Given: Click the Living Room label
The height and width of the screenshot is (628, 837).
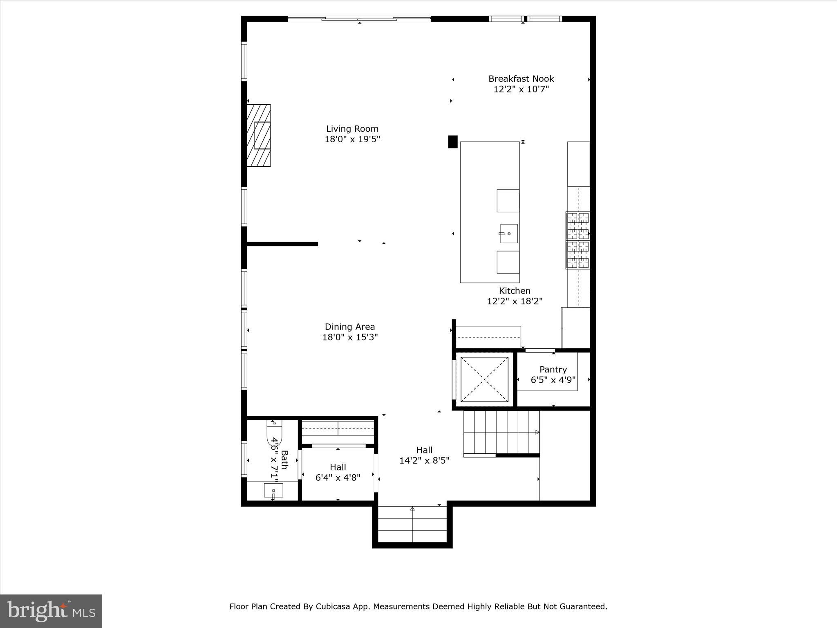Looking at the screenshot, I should (352, 129).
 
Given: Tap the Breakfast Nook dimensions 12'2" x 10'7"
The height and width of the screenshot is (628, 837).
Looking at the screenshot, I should (521, 89).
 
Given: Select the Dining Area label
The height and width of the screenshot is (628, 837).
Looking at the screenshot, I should (349, 327).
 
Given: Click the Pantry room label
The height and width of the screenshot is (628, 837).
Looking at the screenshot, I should (553, 370).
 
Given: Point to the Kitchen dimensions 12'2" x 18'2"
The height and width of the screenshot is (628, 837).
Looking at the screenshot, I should (515, 301).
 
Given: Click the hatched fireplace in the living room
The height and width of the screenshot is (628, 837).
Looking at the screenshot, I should (259, 135).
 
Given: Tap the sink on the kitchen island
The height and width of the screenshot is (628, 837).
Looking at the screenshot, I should (508, 233).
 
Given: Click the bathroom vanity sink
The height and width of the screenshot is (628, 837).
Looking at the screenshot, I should (273, 490).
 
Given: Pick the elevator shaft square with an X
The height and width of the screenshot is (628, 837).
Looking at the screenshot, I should (484, 379).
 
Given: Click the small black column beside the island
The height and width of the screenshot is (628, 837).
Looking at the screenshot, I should (452, 141).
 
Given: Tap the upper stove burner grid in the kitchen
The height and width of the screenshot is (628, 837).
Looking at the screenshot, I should (577, 225).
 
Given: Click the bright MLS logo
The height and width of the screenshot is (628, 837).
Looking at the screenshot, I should (51, 611).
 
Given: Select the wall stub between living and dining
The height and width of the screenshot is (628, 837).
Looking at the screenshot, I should (282, 244).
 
